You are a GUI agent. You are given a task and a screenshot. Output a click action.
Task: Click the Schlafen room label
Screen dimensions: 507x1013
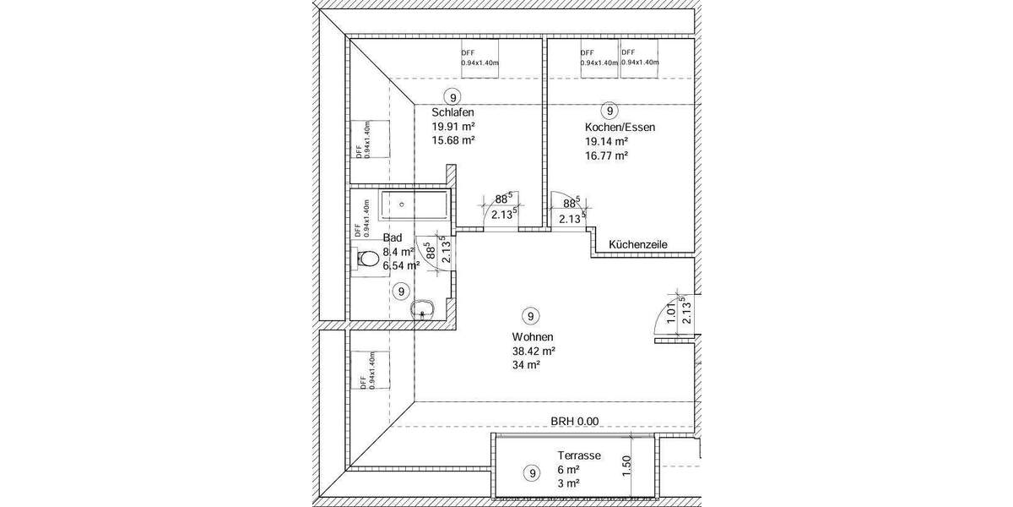coord(452,112)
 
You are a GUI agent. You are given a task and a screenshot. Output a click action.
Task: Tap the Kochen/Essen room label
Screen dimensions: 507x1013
coord(620,127)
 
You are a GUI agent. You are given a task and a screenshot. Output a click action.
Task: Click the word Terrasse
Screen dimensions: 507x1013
coord(578,455)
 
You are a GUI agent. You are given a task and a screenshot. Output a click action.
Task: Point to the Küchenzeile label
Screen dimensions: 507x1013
coord(639,244)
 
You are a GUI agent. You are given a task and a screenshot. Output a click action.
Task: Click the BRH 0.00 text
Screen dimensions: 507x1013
coord(574,421)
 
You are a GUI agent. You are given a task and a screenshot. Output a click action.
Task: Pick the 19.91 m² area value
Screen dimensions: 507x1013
coord(452,127)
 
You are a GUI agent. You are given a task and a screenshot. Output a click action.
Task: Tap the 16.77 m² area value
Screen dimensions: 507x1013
coord(605,155)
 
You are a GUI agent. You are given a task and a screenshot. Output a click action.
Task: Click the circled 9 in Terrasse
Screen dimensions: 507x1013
coord(531,473)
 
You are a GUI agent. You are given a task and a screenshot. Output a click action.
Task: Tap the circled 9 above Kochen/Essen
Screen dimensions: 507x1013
coord(609,110)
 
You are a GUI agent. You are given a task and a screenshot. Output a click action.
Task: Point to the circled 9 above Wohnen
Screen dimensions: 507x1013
coord(530,317)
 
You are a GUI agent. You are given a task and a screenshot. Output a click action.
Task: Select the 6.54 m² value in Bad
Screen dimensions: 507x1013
coord(401,265)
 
